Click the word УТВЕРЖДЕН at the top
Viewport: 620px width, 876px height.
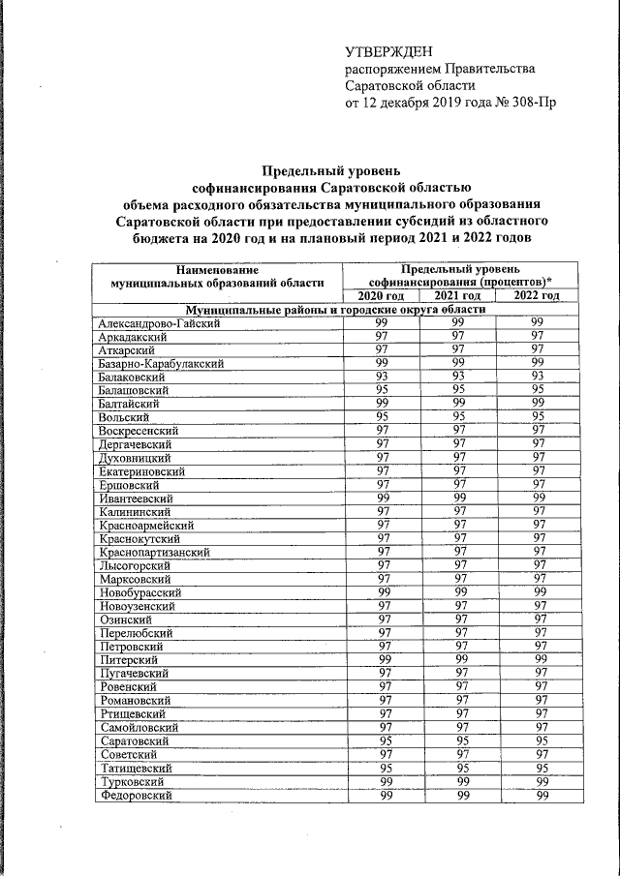coord(387,52)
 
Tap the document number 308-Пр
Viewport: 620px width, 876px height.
coord(528,103)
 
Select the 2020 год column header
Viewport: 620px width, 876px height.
coord(381,295)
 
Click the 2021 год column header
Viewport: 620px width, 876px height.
coord(457,295)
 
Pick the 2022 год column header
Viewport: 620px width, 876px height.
coord(537,295)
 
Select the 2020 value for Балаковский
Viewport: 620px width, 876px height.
coord(382,377)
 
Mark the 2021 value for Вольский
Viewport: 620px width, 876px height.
coord(458,416)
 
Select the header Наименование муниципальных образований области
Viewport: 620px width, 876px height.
coord(217,275)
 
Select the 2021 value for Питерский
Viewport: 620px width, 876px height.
coord(458,659)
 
